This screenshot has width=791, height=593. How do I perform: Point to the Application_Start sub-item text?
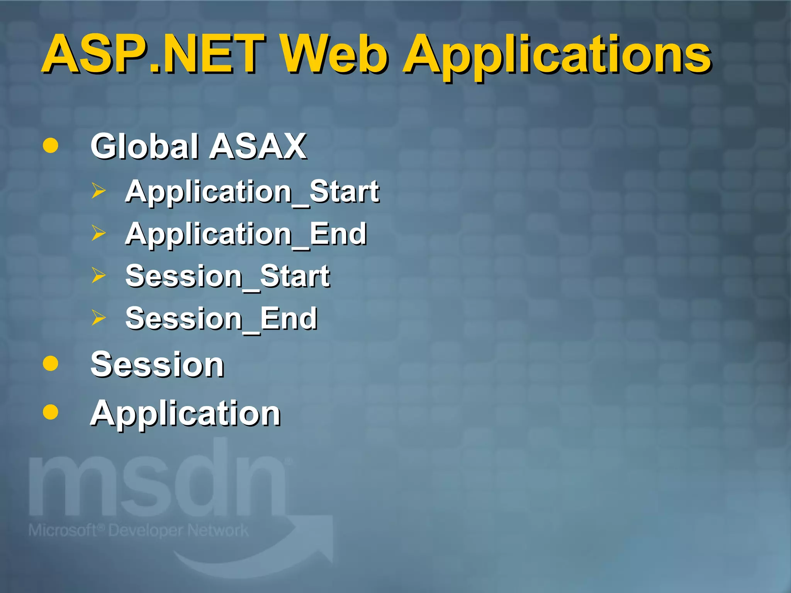[252, 192]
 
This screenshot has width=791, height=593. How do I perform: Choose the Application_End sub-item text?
[246, 234]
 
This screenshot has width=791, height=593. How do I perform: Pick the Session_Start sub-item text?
[227, 276]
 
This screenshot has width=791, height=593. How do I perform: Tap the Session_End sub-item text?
[221, 319]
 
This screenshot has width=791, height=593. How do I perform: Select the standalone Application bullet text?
[185, 413]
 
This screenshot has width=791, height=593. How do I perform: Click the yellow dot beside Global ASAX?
[51, 146]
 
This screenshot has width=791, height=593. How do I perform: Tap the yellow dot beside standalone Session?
[51, 363]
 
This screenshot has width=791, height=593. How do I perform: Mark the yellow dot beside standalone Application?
[51, 412]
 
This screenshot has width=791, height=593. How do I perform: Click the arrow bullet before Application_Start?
[98, 191]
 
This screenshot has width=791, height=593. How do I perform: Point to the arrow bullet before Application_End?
[98, 233]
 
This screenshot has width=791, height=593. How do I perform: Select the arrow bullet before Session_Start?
[98, 275]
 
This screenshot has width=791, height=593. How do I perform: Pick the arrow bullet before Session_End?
[98, 318]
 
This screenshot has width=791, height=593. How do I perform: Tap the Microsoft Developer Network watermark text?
[138, 530]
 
